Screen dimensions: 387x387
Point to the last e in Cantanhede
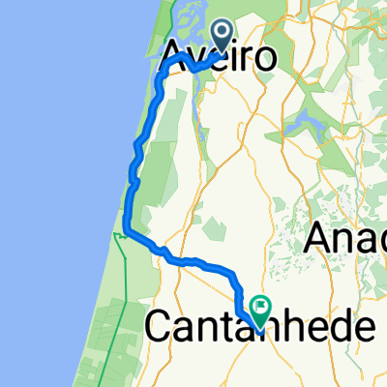361,328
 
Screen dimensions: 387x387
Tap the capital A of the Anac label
323,237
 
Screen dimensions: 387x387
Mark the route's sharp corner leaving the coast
126,232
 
